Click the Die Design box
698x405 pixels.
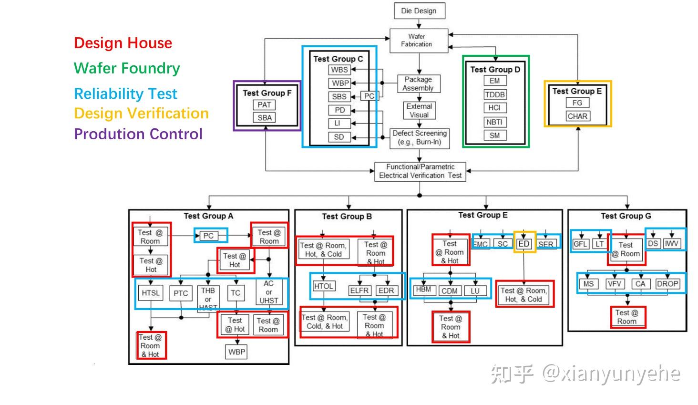point(419,11)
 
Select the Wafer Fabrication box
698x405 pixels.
point(417,41)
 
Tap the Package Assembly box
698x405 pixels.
point(418,83)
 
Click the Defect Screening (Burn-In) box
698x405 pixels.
point(420,137)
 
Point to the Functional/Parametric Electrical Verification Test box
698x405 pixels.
point(420,171)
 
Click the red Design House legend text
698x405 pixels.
point(123,43)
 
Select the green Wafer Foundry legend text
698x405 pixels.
point(127,68)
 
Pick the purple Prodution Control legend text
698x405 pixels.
point(138,134)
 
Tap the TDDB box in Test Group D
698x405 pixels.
point(495,94)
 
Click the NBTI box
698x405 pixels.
point(494,122)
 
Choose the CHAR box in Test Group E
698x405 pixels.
point(577,116)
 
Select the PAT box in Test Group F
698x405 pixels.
point(265,105)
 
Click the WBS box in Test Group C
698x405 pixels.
point(339,70)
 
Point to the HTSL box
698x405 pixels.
point(151,293)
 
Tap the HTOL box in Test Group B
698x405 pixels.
point(323,286)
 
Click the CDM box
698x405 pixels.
point(450,291)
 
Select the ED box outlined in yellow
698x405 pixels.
point(524,244)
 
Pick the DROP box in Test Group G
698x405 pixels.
point(667,284)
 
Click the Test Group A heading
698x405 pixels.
point(208,216)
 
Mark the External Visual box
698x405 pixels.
point(419,111)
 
